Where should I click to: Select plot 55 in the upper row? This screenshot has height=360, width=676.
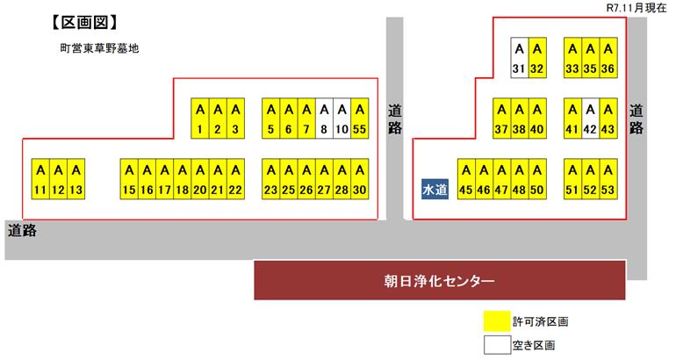tap(358, 119)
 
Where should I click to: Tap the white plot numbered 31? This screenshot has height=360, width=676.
tap(519, 58)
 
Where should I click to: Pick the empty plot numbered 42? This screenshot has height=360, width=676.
tap(590, 119)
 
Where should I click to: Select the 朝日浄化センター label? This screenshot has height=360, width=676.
tap(439, 282)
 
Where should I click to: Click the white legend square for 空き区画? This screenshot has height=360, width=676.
tap(496, 345)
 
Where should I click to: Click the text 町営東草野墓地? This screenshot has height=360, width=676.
tap(94, 49)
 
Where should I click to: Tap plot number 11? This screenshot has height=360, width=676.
tap(40, 179)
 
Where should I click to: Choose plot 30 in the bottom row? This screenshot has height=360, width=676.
tap(358, 179)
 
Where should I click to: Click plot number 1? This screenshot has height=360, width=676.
tap(200, 119)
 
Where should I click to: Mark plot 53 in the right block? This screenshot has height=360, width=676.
tap(608, 179)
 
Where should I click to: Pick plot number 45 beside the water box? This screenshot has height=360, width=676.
tap(466, 179)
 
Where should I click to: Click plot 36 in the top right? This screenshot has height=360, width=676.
tap(608, 58)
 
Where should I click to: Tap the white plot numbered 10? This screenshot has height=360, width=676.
tap(341, 119)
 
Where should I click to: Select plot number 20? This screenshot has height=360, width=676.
tap(200, 179)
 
